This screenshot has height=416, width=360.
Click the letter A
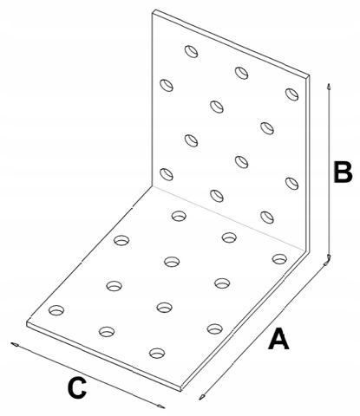(x=278, y=338)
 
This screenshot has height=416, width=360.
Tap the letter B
(x=343, y=172)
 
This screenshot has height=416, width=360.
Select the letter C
(x=77, y=387)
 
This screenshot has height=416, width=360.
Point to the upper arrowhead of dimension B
(x=329, y=87)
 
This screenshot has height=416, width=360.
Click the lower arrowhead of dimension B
(x=329, y=257)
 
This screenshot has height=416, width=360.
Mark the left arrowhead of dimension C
(x=15, y=344)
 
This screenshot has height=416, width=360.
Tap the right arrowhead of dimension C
(x=161, y=406)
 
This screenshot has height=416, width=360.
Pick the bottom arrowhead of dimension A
(x=202, y=397)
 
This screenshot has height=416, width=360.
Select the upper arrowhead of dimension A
(x=326, y=263)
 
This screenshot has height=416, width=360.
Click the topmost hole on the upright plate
(x=191, y=51)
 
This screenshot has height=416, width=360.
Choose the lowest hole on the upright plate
(x=267, y=218)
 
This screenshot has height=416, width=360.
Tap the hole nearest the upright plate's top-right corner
(x=291, y=94)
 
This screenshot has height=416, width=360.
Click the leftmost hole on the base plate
(x=56, y=310)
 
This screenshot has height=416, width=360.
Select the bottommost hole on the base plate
(x=157, y=353)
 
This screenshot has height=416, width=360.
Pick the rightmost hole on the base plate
(x=279, y=259)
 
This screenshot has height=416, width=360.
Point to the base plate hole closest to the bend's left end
(x=179, y=216)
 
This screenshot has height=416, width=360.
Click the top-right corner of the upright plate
(x=309, y=76)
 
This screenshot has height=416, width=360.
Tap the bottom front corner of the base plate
(x=181, y=390)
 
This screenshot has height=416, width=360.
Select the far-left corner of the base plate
(x=27, y=323)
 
